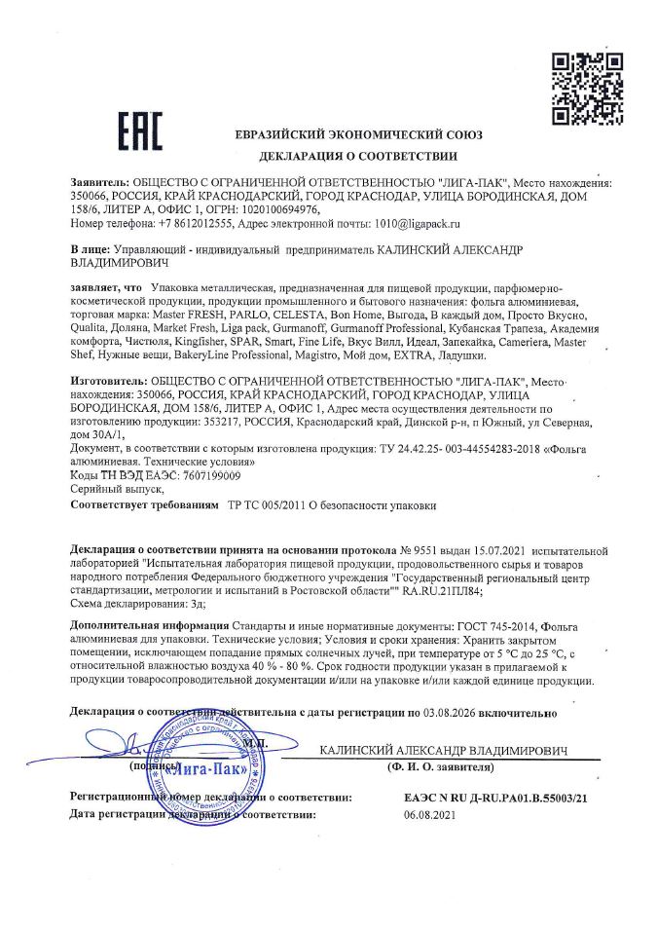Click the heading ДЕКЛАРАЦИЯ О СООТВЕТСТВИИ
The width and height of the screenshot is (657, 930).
coord(357,156)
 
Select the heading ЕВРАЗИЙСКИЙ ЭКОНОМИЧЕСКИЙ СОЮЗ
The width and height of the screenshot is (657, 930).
coord(358,135)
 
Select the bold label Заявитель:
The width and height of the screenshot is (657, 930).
coord(99,182)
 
